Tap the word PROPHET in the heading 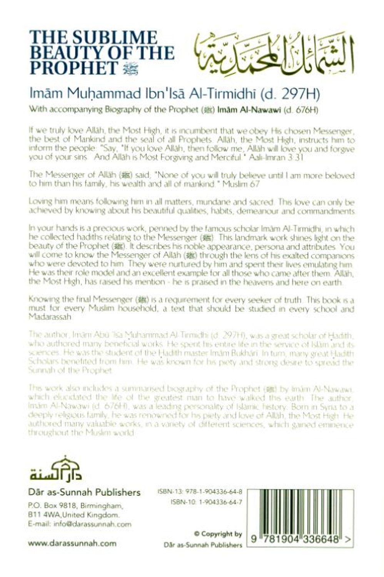click(x=73, y=68)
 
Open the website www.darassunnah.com click(x=72, y=543)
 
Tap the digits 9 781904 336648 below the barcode click(x=296, y=539)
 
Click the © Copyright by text click(x=218, y=534)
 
